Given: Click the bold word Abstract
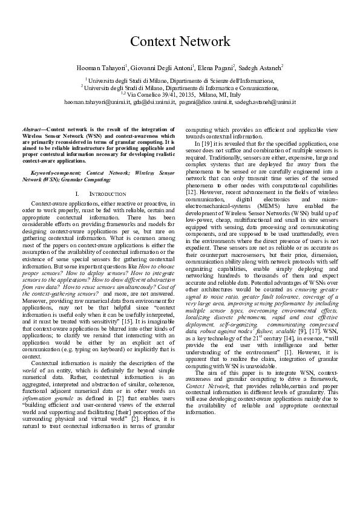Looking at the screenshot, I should click(33, 130).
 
